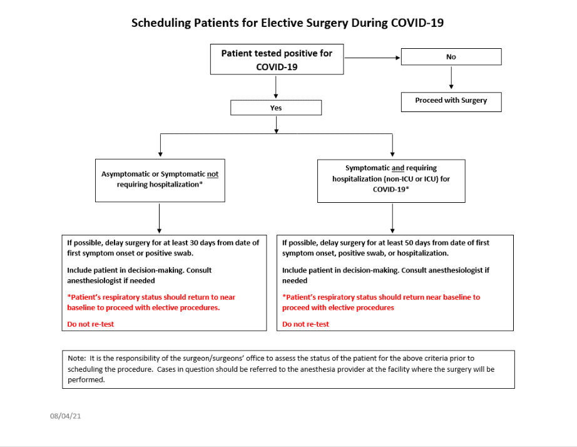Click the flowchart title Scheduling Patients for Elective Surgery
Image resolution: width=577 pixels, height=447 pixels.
[287, 23]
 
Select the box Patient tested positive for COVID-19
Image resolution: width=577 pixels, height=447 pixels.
[277, 60]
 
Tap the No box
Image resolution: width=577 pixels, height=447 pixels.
[451, 57]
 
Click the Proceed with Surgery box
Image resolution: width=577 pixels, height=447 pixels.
[451, 100]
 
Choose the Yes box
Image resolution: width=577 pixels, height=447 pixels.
[276, 108]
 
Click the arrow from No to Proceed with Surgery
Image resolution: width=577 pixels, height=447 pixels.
[451, 78]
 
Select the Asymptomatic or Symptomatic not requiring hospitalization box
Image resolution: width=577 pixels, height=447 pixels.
[160, 179]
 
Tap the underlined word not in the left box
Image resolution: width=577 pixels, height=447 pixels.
[213, 173]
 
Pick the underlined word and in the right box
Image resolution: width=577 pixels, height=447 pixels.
[398, 168]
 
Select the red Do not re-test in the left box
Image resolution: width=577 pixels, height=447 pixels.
[91, 324]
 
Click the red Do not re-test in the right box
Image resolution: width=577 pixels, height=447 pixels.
[305, 324]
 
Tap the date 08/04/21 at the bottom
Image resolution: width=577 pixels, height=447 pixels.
[66, 416]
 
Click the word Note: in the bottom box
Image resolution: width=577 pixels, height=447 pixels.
[78, 359]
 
